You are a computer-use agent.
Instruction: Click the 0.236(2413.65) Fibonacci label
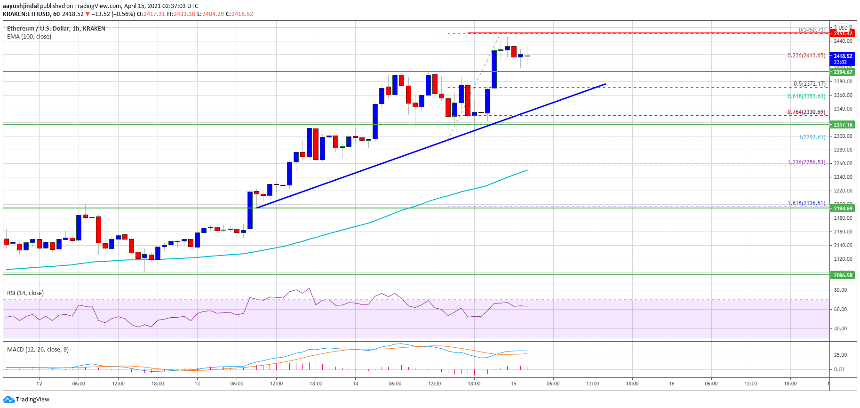tap(806, 56)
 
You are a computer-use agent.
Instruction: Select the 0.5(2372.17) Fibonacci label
tap(809, 84)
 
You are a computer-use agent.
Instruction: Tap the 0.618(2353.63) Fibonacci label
tap(806, 96)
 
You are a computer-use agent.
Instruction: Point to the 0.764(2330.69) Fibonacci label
tap(806, 112)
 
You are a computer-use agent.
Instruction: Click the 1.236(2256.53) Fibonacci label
tap(806, 162)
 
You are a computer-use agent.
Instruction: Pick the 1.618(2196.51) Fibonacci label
tap(806, 203)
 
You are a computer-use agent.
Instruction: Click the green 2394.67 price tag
tap(843, 72)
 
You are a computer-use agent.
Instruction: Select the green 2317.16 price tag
tap(843, 125)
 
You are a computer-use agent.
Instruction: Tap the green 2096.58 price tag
tap(843, 275)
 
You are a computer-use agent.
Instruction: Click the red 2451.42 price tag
tap(843, 33)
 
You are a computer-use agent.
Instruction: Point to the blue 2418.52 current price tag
tap(843, 56)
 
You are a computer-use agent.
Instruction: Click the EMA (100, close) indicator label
tap(29, 37)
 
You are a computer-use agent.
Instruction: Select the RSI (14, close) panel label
tap(25, 293)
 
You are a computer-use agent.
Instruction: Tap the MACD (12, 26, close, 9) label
tap(38, 350)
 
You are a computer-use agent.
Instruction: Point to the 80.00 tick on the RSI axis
tap(840, 290)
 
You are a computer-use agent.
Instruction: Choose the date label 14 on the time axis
tap(356, 384)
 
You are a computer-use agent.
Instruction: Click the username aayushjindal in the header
tap(21, 6)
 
